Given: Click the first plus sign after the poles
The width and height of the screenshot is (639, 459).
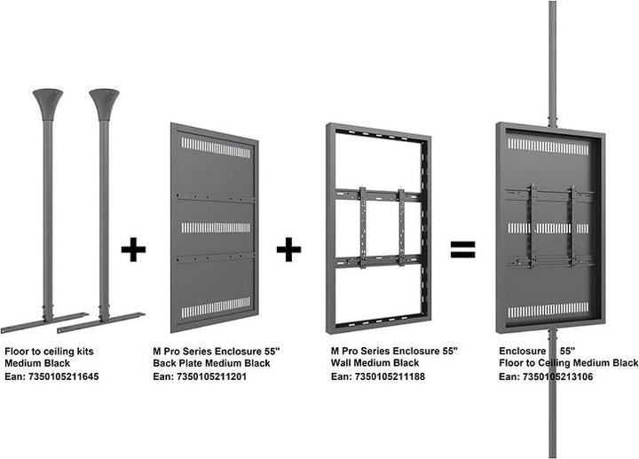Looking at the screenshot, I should click(133, 249).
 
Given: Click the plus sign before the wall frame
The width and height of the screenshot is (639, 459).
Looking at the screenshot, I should click(288, 249).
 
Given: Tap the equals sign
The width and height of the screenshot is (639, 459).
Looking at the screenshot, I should click(462, 249).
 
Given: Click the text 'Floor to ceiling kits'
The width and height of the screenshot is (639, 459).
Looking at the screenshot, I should click(49, 352).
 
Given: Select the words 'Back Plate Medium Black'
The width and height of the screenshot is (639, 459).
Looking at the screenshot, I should click(212, 364).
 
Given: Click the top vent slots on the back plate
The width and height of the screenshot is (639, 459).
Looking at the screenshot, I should click(216, 146).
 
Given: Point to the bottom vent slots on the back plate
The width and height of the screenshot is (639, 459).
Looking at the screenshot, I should click(216, 307).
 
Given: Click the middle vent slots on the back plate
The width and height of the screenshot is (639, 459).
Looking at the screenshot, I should click(216, 227).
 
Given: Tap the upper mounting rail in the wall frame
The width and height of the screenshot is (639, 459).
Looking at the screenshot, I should click(380, 192).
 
